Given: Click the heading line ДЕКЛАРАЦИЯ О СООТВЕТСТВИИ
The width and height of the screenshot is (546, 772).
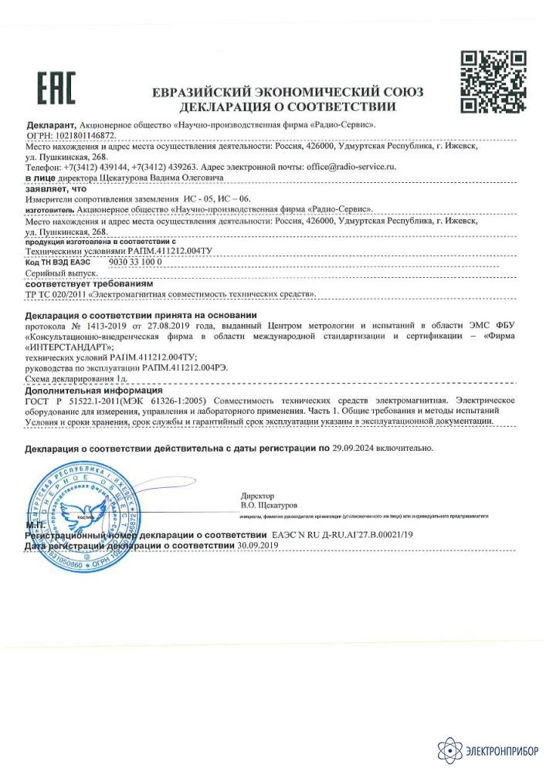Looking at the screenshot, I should (x=288, y=106).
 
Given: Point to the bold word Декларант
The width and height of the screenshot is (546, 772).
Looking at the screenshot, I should (x=50, y=124).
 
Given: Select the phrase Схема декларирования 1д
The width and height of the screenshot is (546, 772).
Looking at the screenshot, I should (x=76, y=381).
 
